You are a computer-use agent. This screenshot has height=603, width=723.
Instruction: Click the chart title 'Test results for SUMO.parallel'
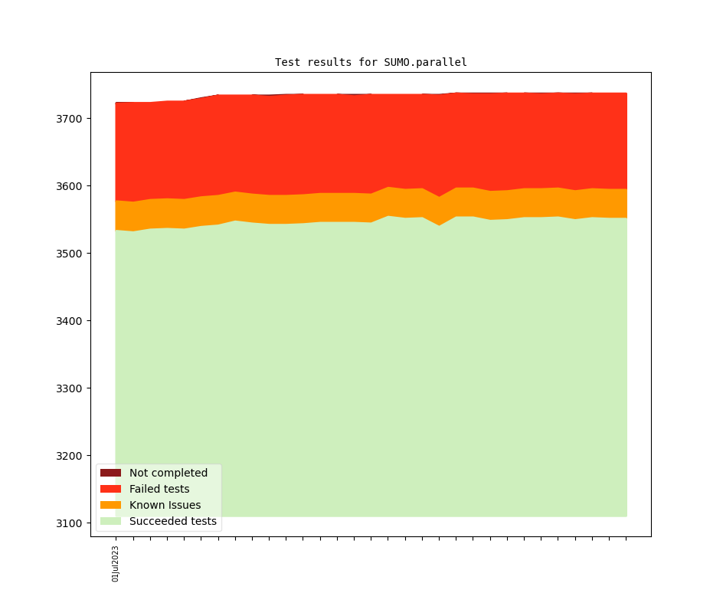pos(371,62)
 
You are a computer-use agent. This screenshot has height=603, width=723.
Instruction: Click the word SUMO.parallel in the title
pos(425,62)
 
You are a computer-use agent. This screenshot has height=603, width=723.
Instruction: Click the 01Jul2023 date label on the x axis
pos(116,563)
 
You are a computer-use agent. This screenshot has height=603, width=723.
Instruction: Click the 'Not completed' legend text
pos(168,473)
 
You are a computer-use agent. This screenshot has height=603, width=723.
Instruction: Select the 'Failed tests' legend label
pos(159,489)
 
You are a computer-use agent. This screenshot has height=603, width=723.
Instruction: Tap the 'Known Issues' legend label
pos(165,505)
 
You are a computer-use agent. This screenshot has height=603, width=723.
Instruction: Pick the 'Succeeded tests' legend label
pos(173,521)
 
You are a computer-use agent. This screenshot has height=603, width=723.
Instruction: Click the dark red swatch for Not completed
pos(110,473)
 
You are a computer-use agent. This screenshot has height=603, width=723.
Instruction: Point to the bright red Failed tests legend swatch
pos(110,489)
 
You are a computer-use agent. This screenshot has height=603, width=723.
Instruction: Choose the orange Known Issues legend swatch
pos(110,505)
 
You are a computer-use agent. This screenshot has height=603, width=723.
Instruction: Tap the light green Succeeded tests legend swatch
pos(110,521)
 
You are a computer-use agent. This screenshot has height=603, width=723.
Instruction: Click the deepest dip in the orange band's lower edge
pos(439,225)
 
